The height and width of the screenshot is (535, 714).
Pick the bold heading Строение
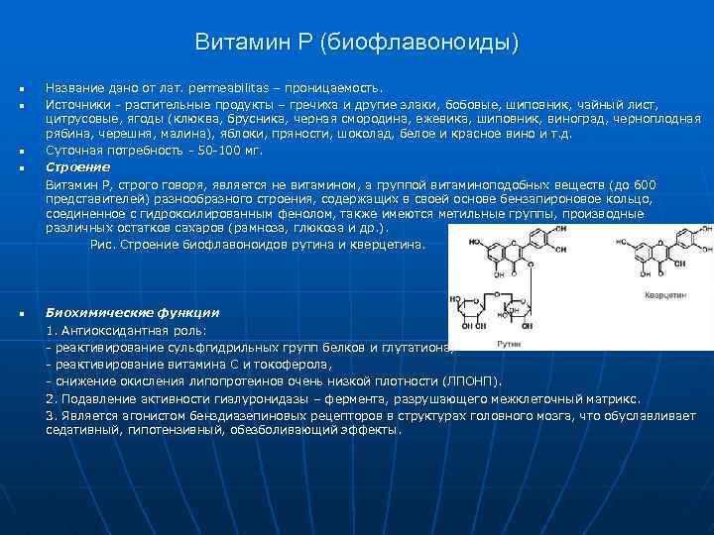pos(78,167)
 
